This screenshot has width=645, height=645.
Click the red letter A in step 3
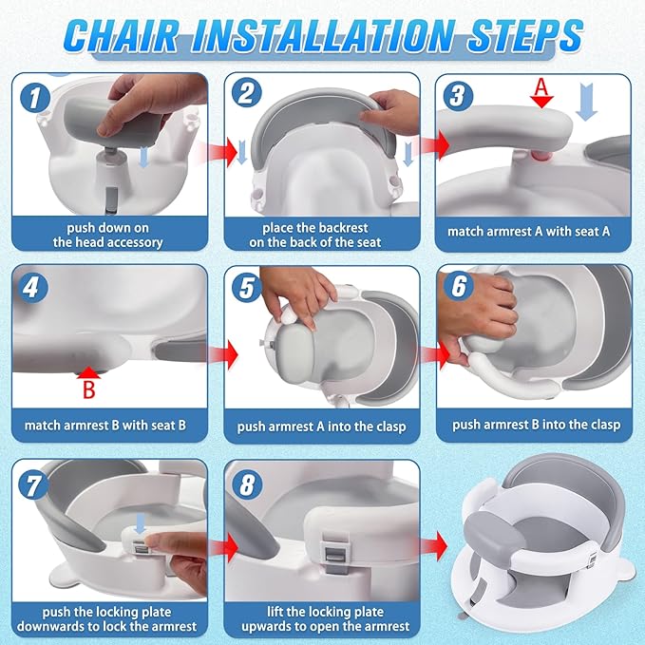[541, 86]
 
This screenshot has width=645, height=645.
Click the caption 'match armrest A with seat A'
[535, 231]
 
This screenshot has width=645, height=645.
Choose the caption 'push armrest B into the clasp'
[535, 424]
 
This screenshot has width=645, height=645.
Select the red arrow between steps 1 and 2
[218, 152]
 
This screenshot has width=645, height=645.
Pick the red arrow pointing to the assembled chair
[433, 547]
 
